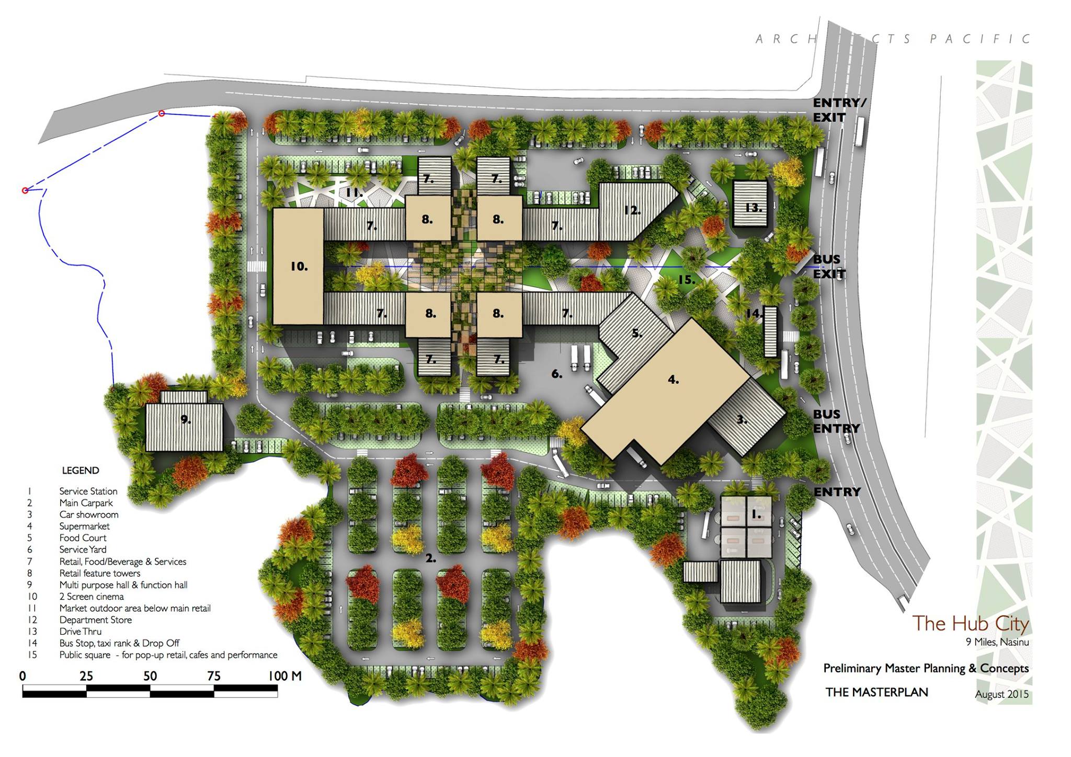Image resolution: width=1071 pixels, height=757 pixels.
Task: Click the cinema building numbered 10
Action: point(298,266)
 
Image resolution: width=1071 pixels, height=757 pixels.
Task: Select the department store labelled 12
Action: point(635,211)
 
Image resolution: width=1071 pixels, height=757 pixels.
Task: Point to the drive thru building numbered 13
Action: point(750,203)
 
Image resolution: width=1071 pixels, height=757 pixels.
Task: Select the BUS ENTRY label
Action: point(836,421)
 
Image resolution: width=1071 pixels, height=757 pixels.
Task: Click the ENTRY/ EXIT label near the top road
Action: point(839,110)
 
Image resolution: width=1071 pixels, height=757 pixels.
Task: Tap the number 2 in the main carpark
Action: point(430,558)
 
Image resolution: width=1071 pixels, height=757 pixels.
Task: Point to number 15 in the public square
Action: point(687,280)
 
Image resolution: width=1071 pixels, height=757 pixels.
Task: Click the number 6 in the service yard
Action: point(557,374)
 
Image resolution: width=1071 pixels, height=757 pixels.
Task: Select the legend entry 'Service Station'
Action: point(88,491)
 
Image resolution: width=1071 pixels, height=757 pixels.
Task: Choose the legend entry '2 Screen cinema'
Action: point(92,597)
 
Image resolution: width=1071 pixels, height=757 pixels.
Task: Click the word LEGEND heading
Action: point(81,471)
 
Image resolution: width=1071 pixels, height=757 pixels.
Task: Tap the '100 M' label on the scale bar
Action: point(285,676)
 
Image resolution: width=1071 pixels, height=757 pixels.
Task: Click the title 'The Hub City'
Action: point(971,624)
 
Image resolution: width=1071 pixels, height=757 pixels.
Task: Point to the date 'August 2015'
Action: point(1002,694)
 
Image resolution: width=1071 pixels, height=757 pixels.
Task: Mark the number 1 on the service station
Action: point(756,514)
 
